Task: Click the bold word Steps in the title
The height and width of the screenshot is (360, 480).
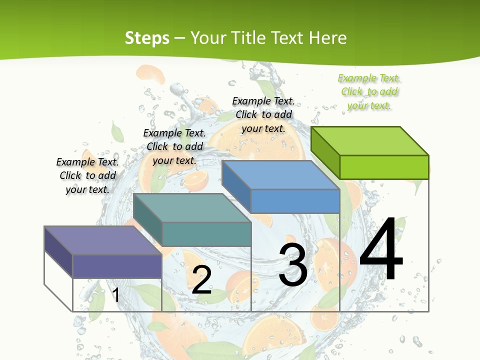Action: pyautogui.click(x=147, y=38)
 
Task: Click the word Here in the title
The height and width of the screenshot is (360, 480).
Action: pyautogui.click(x=327, y=38)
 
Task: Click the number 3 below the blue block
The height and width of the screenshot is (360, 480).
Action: pyautogui.click(x=293, y=265)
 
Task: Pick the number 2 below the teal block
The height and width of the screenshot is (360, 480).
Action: pyautogui.click(x=201, y=280)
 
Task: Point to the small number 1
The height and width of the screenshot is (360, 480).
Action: pyautogui.click(x=115, y=295)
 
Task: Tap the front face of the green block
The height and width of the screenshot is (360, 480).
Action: pyautogui.click(x=384, y=167)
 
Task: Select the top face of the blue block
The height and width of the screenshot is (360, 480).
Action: pyautogui.click(x=280, y=175)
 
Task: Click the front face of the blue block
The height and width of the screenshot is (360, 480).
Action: pyautogui.click(x=295, y=201)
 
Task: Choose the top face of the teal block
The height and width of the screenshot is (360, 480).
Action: pyautogui.click(x=192, y=208)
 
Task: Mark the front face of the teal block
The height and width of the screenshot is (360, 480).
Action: pyautogui.click(x=206, y=234)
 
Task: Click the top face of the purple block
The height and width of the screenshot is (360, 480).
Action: pyautogui.click(x=103, y=240)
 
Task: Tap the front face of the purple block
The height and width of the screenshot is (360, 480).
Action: pyautogui.click(x=117, y=266)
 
